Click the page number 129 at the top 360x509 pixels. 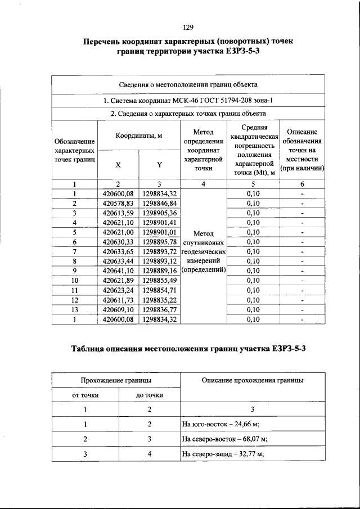[188, 27]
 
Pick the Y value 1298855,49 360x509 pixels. [160, 280]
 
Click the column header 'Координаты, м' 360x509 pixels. [139, 136]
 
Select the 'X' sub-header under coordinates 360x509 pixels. [118, 165]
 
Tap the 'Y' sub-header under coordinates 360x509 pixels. [160, 165]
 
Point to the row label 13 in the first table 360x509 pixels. [74, 309]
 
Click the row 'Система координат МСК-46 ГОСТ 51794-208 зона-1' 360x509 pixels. [188, 100]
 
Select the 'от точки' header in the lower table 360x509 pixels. [85, 395]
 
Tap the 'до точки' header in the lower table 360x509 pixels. [150, 395]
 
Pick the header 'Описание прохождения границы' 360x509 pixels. [252, 380]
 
